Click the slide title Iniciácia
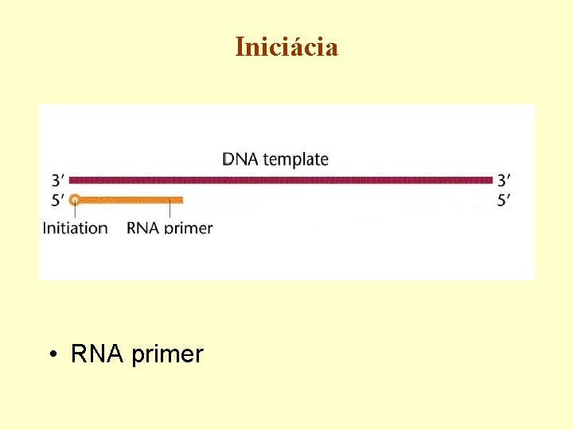(286, 47)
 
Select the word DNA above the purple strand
(240, 159)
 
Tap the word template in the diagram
(295, 160)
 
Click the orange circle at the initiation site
(74, 200)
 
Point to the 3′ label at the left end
(57, 180)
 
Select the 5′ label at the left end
(57, 200)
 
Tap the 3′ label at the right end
(504, 180)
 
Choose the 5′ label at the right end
(504, 200)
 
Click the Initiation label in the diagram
(75, 228)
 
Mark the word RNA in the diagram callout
(143, 228)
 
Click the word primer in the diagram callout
(189, 229)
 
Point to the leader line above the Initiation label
(75, 212)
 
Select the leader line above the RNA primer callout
(170, 211)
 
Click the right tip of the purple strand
(491, 179)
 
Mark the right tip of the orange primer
(181, 200)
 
